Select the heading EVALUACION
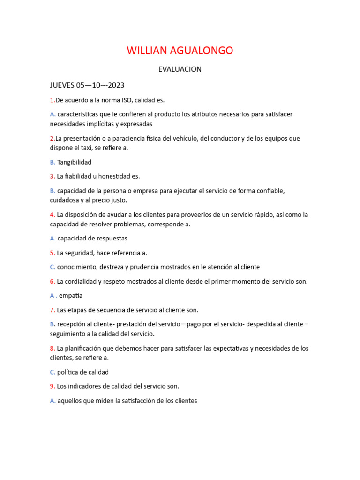tap(180, 69)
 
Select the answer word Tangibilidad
tap(74, 162)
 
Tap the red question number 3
tap(52, 176)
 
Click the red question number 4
tap(52, 215)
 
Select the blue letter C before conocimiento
tap(52, 267)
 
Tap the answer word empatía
tap(71, 296)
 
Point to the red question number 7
tap(52, 310)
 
